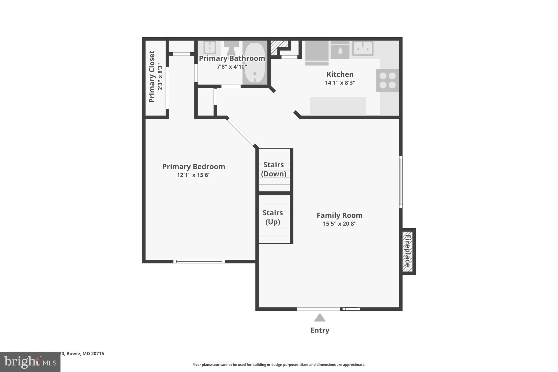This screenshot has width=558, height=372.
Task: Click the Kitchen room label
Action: (340, 74)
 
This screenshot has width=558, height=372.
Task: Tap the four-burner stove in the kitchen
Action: (387, 80)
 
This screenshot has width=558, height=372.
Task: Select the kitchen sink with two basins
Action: (363, 49)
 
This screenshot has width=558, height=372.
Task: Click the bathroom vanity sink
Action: (210, 48)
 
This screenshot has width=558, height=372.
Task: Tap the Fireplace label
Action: (408, 251)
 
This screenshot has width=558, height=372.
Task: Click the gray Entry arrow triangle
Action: (320, 318)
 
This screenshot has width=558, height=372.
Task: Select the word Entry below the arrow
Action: (320, 330)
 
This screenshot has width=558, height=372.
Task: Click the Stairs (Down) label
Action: (274, 169)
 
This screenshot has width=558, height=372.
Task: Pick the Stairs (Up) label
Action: (273, 217)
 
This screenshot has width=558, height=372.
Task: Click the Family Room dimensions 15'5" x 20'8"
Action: (339, 224)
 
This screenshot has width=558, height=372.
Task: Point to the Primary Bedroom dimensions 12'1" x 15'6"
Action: (194, 175)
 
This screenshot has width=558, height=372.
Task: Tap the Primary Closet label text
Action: (152, 77)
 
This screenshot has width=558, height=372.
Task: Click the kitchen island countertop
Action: (338, 106)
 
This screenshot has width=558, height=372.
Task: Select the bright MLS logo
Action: (30, 362)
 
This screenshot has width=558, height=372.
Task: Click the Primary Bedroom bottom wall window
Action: (199, 262)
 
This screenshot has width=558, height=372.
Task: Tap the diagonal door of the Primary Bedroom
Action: (241, 132)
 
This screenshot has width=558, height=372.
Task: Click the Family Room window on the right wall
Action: (401, 182)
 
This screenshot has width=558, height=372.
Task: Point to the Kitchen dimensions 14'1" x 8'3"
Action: (340, 83)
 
